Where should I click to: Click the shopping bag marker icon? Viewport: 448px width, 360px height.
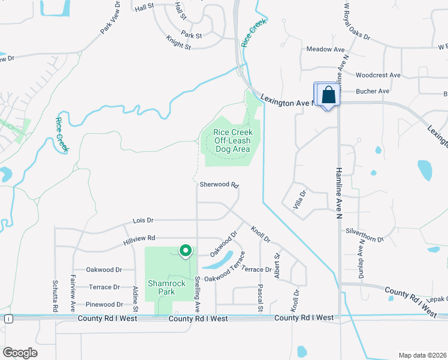[x=327, y=95]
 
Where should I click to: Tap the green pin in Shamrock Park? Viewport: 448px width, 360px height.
[x=186, y=251]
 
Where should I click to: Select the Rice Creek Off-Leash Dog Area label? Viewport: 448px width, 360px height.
[x=234, y=140]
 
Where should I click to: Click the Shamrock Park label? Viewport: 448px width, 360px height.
[x=162, y=288]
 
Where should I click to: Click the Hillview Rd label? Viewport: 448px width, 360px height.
[x=139, y=239]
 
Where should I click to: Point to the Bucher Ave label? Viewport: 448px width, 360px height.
[x=373, y=91]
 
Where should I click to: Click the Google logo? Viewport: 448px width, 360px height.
[x=20, y=353]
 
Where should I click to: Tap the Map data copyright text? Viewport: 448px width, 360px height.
[x=422, y=355]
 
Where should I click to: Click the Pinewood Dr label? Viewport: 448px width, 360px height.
[x=104, y=305]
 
